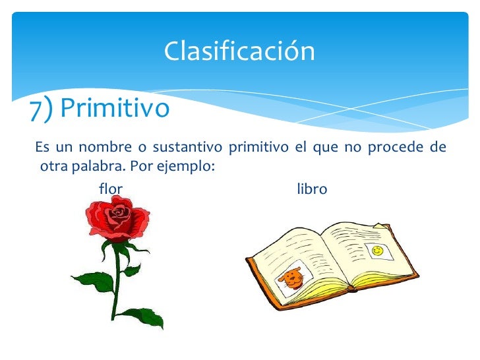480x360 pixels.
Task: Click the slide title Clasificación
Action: coord(239,51)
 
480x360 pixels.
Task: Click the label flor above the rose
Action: coord(110,190)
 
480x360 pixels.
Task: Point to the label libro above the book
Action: coord(312,190)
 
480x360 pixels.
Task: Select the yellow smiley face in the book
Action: coord(377,251)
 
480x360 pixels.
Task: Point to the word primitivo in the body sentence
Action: coord(258,147)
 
